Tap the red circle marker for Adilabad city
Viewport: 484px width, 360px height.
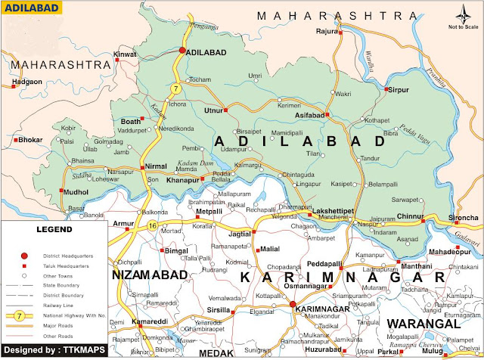182,51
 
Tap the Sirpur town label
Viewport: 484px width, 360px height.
397,90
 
